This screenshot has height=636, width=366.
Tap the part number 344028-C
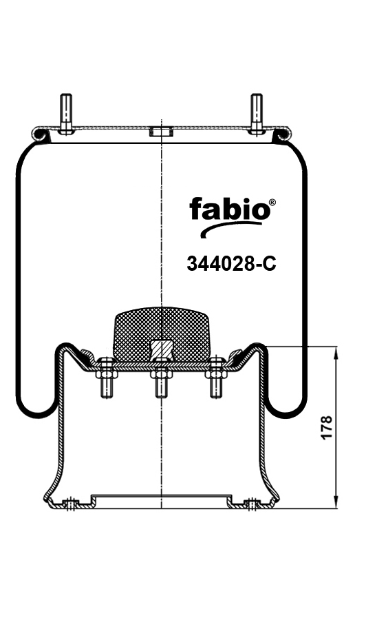[x=231, y=264]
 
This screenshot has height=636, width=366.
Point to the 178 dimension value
[x=326, y=427]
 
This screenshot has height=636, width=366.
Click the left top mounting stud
[x=66, y=114]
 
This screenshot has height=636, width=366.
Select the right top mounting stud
[x=257, y=114]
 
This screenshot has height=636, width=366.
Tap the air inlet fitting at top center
[x=161, y=132]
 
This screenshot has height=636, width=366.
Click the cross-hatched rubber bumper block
[x=161, y=334]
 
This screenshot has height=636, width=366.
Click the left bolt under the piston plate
[x=107, y=377]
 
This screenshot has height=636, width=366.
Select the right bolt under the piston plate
[x=216, y=377]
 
